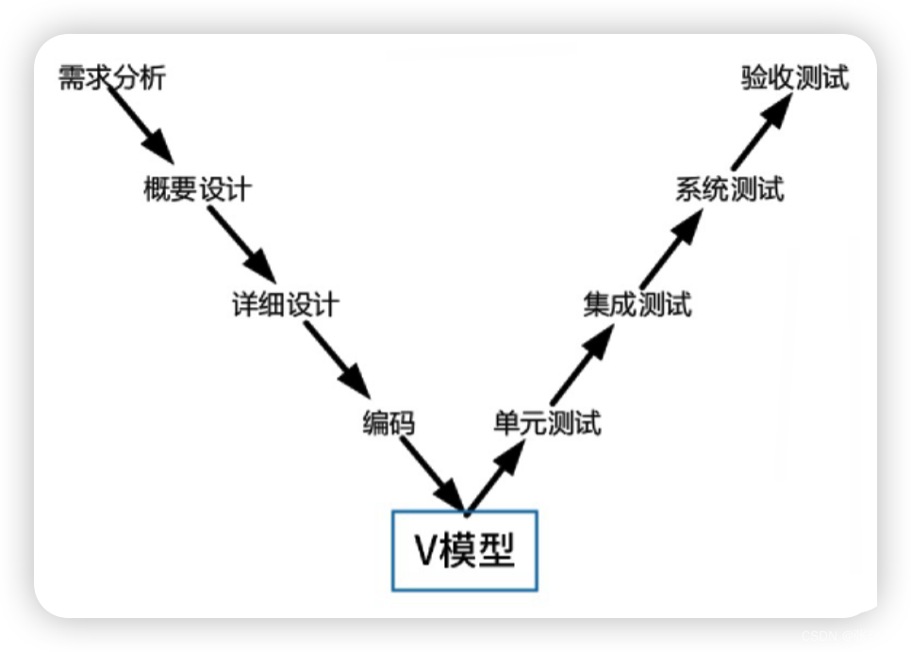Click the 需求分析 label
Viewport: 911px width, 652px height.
pyautogui.click(x=111, y=77)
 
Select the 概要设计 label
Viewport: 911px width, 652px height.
pyautogui.click(x=197, y=188)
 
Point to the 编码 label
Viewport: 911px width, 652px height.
pyautogui.click(x=389, y=424)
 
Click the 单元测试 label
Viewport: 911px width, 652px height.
pyautogui.click(x=547, y=424)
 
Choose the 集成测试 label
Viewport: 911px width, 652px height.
pyautogui.click(x=638, y=305)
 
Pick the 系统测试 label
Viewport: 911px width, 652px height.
pyautogui.click(x=730, y=189)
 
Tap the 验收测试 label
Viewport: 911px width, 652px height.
pyautogui.click(x=794, y=78)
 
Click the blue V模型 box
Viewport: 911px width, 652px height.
pyautogui.click(x=465, y=551)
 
